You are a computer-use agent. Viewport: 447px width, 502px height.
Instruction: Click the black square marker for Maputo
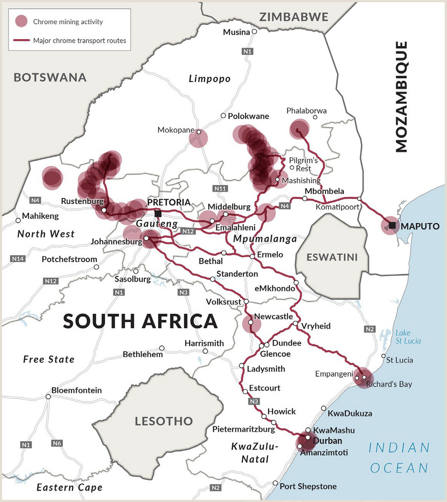pos(392,225)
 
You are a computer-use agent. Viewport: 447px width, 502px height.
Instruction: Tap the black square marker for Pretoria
pos(158,213)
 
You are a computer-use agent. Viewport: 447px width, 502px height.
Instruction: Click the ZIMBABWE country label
pos(293,17)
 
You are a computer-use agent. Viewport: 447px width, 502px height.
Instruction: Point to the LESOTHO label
pos(164,421)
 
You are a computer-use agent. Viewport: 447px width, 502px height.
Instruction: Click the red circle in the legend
pos(21,21)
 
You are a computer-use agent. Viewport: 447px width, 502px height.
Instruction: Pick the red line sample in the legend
pos(21,41)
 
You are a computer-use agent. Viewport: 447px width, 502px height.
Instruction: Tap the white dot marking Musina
pos(254,31)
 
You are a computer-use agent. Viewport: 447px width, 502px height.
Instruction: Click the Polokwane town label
pos(248,116)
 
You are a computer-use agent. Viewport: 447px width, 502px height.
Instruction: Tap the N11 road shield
pos(221,189)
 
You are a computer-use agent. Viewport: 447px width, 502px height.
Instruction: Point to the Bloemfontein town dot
pos(48,396)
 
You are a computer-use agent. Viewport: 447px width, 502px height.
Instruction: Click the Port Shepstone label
pos(308,486)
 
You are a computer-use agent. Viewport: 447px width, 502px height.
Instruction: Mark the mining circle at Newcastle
pos(251,323)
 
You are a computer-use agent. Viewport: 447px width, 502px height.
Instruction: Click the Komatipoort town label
pos(337,207)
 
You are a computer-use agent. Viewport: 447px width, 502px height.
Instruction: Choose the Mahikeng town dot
pos(18,220)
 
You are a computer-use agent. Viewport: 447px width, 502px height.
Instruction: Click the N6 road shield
pos(57,443)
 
